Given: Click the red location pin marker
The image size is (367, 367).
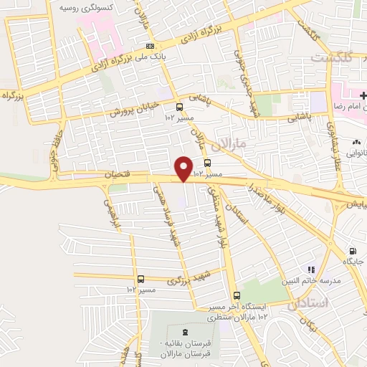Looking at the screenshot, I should [184, 168].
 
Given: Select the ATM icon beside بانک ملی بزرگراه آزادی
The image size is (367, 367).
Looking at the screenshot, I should [150, 47].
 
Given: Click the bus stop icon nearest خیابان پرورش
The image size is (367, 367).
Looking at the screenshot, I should [178, 109].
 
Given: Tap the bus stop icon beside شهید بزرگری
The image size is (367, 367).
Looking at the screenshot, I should [140, 279].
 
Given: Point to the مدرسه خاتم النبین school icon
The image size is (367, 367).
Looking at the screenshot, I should [311, 270].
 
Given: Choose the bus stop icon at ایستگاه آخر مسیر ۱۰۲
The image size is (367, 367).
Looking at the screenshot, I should [237, 295].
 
